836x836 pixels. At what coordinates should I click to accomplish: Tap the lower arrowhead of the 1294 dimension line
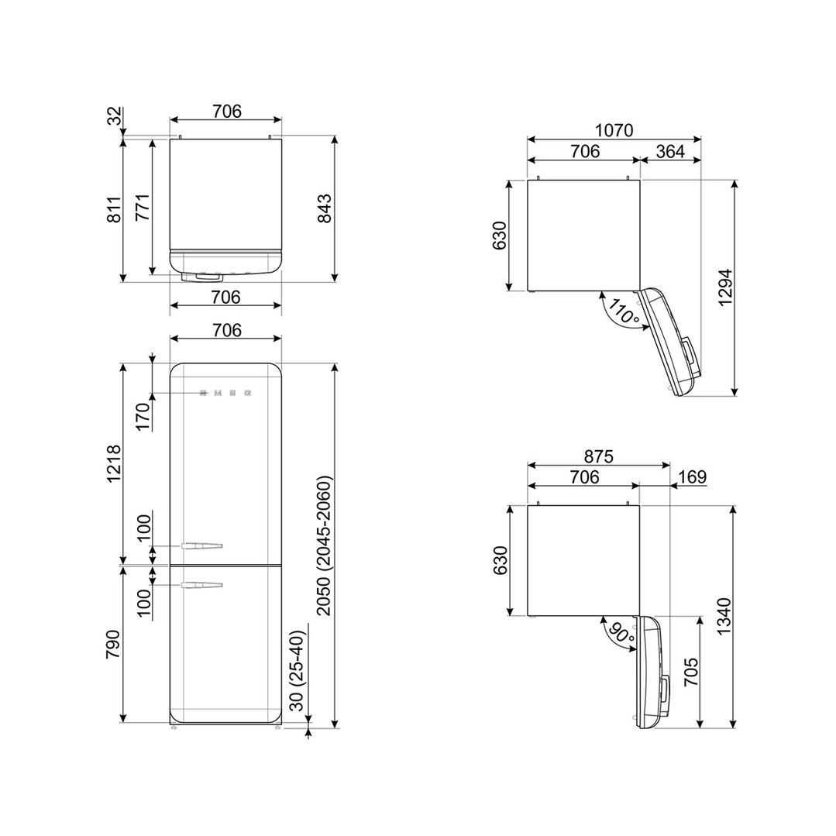(735, 391)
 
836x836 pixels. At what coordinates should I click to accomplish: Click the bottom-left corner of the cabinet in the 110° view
(528, 291)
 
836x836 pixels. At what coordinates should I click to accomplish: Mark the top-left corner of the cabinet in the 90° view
(528, 505)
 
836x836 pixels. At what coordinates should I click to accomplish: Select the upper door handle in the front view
(201, 546)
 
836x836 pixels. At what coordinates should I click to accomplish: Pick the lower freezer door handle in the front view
(201, 585)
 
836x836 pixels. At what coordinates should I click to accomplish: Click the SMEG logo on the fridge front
(225, 394)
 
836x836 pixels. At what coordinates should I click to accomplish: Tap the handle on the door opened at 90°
(665, 696)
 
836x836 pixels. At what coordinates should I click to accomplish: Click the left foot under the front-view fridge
(174, 726)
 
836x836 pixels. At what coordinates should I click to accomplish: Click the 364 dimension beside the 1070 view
(670, 151)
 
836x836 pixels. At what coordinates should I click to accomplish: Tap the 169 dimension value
(693, 476)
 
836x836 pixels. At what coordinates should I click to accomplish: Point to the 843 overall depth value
(324, 208)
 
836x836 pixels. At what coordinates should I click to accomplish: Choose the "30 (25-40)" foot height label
(298, 671)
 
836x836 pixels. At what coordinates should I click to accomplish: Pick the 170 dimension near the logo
(143, 417)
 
